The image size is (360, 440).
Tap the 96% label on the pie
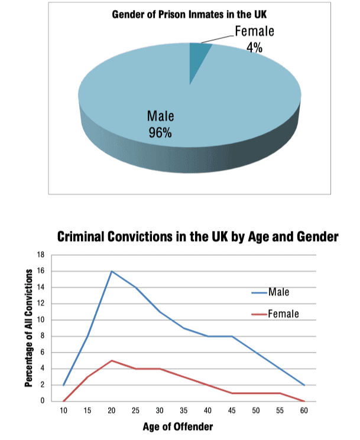tap(160, 132)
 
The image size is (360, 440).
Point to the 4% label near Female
tap(255, 48)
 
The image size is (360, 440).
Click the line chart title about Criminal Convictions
tap(197, 237)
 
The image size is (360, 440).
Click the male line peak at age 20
tap(111, 271)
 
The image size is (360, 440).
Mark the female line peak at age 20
tap(111, 360)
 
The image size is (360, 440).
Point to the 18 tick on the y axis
tap(41, 255)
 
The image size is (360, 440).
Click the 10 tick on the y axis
tap(41, 320)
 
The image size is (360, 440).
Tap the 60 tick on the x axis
tap(304, 410)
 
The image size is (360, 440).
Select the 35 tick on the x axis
tap(184, 410)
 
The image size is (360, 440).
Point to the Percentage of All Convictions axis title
tap(28, 328)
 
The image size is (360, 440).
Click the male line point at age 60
tap(304, 384)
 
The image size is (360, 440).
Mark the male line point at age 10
tap(63, 384)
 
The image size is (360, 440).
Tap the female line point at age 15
tap(87, 377)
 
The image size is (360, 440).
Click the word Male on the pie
tap(160, 115)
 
